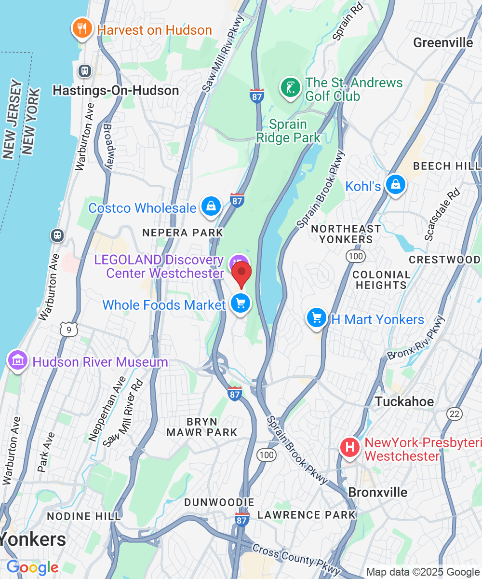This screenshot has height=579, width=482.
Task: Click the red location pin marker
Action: [241, 274]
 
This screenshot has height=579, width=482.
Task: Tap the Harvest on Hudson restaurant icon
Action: [82, 29]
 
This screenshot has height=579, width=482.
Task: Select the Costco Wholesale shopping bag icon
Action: [211, 206]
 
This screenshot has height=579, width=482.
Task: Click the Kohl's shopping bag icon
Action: [395, 185]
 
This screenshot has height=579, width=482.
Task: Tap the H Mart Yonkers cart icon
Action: [317, 318]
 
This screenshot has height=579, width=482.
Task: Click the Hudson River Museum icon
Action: [17, 361]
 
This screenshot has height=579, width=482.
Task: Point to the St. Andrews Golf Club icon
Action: [290, 88]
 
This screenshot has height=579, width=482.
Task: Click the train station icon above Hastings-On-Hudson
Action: [85, 71]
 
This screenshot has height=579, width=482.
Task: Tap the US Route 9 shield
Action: [69, 331]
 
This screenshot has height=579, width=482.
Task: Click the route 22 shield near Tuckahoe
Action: [454, 414]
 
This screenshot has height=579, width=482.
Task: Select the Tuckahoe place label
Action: [404, 401]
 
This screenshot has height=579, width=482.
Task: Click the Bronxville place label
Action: [377, 493]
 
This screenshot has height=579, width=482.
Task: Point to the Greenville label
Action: [443, 43]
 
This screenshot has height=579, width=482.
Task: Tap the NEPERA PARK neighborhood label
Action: [183, 233]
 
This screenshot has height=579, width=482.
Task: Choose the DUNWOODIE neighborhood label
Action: [219, 503]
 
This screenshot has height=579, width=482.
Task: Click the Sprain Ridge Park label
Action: [288, 131]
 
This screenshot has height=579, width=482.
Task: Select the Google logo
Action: [32, 567]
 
